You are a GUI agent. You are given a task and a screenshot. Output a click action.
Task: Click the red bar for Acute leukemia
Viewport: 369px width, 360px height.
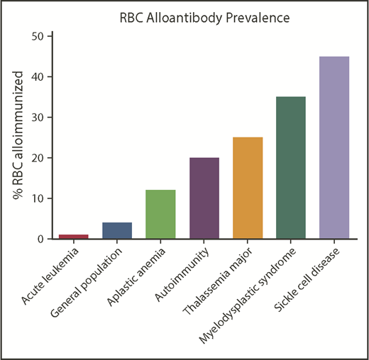74,237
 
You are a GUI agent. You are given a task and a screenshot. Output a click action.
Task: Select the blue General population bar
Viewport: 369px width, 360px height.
117,231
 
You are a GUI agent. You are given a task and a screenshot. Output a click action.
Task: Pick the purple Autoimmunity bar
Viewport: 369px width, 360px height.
204,198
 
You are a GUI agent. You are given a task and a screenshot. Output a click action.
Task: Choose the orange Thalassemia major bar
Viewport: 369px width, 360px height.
248,189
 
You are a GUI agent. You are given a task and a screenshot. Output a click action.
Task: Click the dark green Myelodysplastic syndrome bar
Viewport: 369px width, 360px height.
291,168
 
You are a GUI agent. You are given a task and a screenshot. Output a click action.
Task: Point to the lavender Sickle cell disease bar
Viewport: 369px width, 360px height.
334,148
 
